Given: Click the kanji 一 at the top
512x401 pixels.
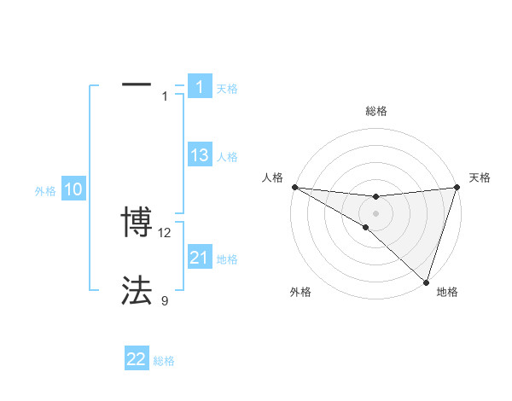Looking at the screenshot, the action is (137, 85).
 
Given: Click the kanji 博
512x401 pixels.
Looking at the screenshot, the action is (137, 224).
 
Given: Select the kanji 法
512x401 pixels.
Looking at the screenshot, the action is (137, 291).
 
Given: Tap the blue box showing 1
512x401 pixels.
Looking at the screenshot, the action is (200, 86).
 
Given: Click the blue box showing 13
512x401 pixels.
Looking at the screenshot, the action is (200, 155).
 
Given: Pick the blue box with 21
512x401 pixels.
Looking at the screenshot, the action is (200, 258).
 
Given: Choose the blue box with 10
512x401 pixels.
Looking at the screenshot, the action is (73, 190).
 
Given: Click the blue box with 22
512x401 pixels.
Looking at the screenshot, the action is (137, 359).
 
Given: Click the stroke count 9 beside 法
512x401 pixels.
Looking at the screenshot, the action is (165, 300).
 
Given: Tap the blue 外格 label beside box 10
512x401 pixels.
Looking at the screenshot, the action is (45, 191).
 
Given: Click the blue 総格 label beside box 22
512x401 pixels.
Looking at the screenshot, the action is (164, 361).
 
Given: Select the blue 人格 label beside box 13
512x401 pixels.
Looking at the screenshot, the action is (227, 157).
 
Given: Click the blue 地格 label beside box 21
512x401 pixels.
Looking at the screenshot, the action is (227, 259).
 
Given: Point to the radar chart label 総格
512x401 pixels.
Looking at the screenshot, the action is (375, 111).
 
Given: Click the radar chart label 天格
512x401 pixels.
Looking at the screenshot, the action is (480, 177).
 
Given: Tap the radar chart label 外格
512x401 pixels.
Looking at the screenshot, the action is (300, 292).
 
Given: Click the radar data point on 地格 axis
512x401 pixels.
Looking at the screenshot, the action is (426, 282).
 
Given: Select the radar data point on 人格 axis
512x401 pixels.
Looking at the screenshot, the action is (294, 187).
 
